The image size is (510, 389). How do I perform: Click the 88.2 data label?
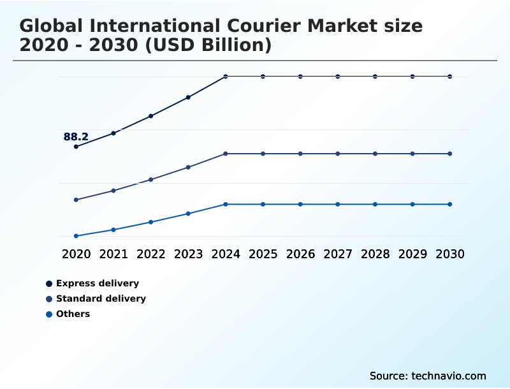point(76,136)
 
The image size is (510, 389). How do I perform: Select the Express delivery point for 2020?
point(76,147)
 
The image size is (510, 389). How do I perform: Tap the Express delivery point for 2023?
point(188,98)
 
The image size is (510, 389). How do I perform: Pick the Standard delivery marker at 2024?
point(226,154)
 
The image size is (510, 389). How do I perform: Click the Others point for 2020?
point(76,236)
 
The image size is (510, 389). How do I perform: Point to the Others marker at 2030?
point(449,204)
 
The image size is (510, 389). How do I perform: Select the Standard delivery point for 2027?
point(338,154)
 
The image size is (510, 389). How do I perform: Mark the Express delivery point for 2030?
point(449,77)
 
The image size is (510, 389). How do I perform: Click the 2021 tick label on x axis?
point(113,254)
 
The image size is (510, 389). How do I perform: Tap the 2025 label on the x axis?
point(263,254)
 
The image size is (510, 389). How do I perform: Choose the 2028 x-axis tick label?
point(375,254)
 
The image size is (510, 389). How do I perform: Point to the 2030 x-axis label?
point(449,254)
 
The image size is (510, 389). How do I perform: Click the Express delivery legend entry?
point(97,283)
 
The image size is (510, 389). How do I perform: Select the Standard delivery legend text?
point(101,298)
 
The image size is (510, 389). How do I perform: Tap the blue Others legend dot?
point(49,314)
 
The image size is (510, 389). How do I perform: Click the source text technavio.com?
point(449,376)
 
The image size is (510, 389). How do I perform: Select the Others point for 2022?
point(151,222)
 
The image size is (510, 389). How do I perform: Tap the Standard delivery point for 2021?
point(113,191)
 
